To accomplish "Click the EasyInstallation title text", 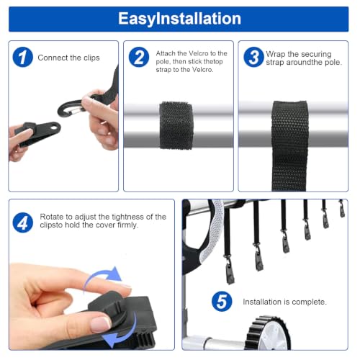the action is [x=179, y=19].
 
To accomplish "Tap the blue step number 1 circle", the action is [x=22, y=57].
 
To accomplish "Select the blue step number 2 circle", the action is [x=139, y=57].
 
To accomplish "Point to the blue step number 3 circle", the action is [x=253, y=57].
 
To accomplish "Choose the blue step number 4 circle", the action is [x=23, y=222].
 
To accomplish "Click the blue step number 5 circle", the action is [x=222, y=302].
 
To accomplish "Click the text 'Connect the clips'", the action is [x=68, y=58].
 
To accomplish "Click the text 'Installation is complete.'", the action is [x=284, y=302].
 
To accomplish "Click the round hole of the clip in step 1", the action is [x=55, y=126].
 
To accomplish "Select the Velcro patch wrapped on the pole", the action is [x=176, y=125].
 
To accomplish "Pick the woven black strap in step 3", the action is [x=289, y=145].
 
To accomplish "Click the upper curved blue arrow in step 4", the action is [x=102, y=276].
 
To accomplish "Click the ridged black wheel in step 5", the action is [x=268, y=333].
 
